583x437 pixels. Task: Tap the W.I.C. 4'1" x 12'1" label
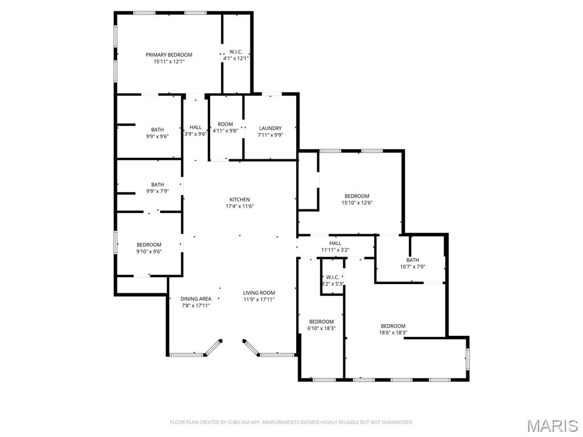(236, 55)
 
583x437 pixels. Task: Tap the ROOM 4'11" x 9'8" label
(225, 127)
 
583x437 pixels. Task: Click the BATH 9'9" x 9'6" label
(157, 133)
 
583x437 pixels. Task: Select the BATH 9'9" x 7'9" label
(157, 188)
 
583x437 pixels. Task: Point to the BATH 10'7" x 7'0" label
(413, 263)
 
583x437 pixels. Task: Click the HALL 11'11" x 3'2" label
(335, 247)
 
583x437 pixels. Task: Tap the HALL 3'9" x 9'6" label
(196, 130)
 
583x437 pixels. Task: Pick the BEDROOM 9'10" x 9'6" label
(149, 248)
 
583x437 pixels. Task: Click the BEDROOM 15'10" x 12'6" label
(357, 199)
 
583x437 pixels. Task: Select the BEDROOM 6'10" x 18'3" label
(321, 325)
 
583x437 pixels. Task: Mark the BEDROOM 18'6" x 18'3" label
(393, 329)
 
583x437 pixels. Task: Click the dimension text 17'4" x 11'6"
(240, 206)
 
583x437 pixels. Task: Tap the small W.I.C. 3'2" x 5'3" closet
(332, 280)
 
